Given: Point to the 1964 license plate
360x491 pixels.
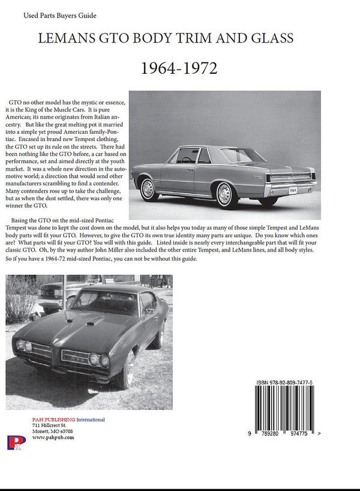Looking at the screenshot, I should click(292, 190).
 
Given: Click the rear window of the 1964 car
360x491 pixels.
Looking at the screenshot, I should click(239, 155).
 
